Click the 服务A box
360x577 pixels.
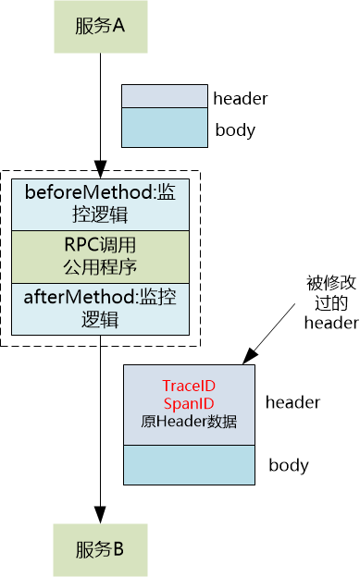click(x=99, y=26)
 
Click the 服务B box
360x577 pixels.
click(x=99, y=550)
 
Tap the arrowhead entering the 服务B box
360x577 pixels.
click(x=99, y=517)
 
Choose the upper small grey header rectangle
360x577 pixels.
click(x=165, y=97)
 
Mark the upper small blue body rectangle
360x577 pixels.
click(x=165, y=128)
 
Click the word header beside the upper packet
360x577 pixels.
click(x=240, y=98)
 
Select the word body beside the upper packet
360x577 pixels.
click(x=235, y=130)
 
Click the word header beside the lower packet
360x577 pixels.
click(x=292, y=402)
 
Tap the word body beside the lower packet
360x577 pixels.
click(x=289, y=464)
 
